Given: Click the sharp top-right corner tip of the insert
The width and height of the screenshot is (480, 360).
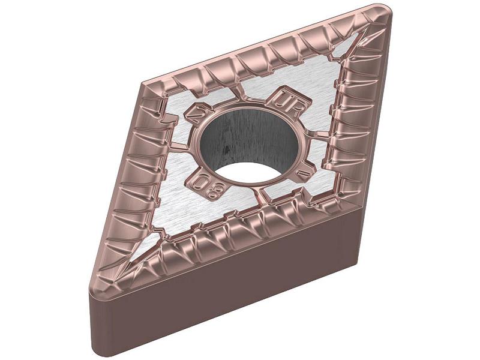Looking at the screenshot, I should point(384,10).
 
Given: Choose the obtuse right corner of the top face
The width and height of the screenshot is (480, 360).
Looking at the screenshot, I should point(360,204).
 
